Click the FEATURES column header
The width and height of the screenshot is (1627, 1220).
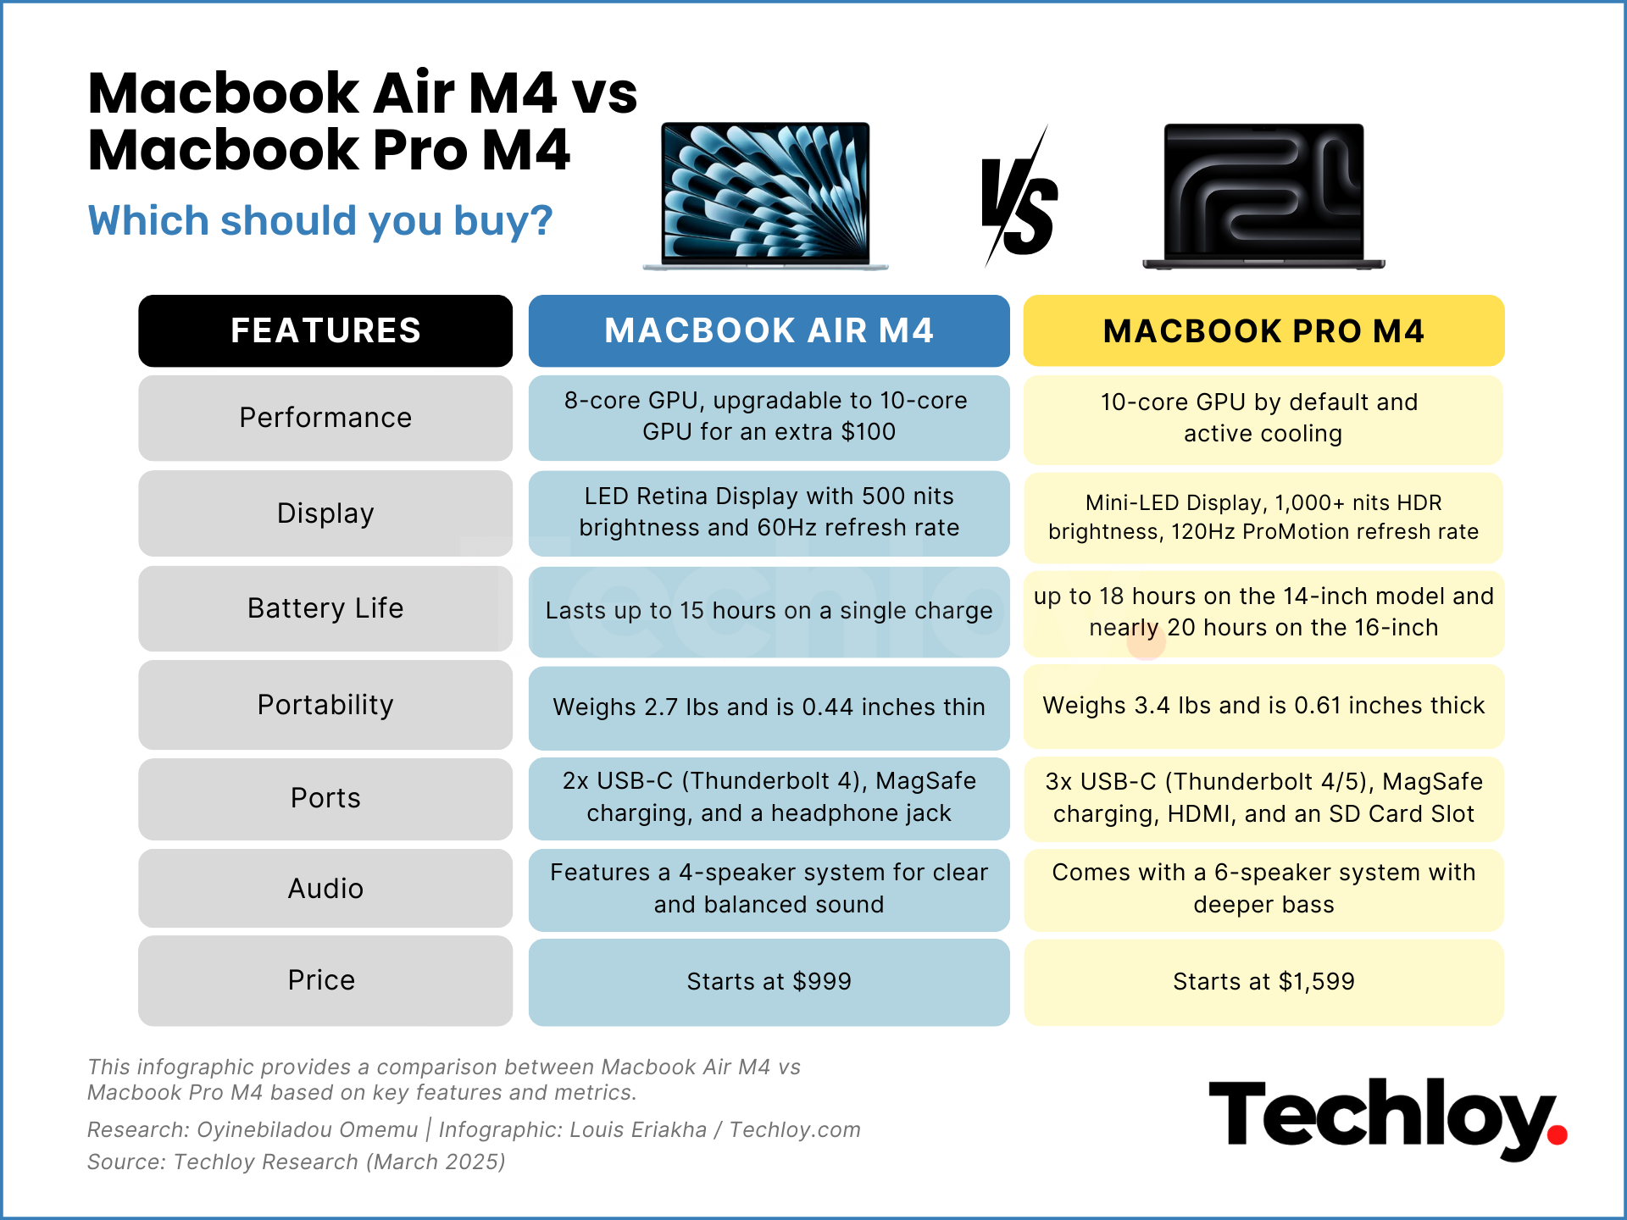[x=325, y=330]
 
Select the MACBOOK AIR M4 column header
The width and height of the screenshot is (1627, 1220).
[x=769, y=330]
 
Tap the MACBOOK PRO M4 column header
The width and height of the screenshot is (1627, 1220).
[x=1263, y=330]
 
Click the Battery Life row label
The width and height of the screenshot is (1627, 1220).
[x=325, y=608]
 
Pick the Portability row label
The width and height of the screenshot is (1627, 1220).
[x=325, y=705]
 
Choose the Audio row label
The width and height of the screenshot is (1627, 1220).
[x=325, y=889]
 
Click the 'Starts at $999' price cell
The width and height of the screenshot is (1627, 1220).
[x=769, y=981]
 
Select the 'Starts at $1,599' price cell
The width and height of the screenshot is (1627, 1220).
[x=1263, y=981]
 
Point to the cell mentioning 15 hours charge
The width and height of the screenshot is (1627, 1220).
[x=769, y=611]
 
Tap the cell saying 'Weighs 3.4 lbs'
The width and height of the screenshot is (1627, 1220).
[x=1263, y=706]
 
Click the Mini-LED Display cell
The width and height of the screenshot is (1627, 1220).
[x=1263, y=517]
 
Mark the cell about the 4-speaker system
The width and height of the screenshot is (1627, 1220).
[x=769, y=889]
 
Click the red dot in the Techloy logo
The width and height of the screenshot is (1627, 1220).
[x=1557, y=1134]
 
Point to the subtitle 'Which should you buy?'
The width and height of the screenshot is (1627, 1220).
[x=320, y=221]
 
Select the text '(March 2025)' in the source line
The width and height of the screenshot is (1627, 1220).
[x=436, y=1162]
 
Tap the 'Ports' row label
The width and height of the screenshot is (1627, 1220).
[x=325, y=798]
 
